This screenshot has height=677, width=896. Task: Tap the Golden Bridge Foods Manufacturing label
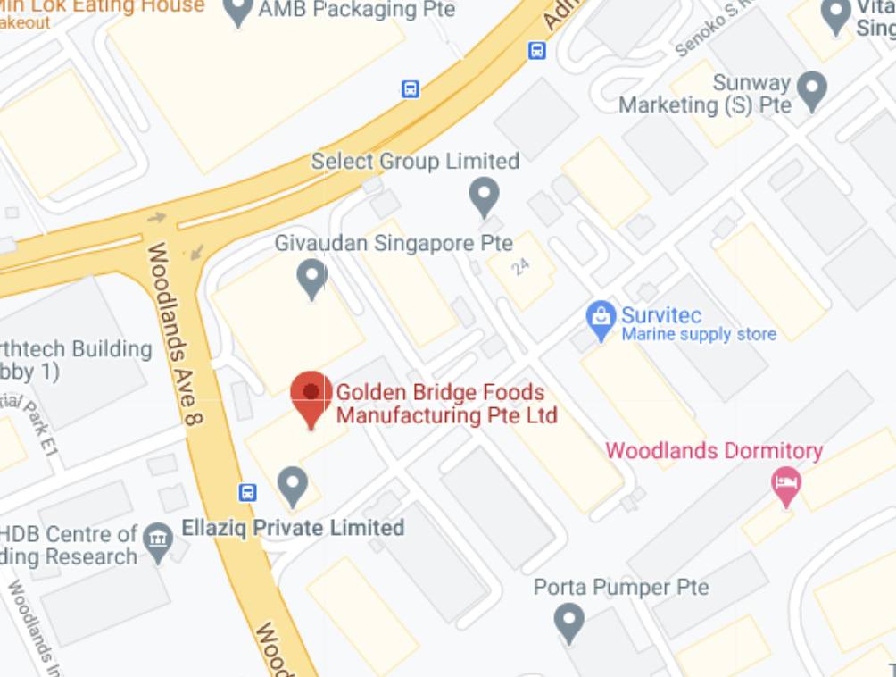point(445,404)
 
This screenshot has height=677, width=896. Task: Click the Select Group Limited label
point(415,162)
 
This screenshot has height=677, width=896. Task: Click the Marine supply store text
point(699,335)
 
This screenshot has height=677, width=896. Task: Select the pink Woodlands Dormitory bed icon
point(786,483)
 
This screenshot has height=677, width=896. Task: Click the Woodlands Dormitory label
point(714,450)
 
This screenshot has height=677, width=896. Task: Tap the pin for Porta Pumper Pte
point(568,619)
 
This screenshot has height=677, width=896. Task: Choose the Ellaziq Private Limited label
point(293,528)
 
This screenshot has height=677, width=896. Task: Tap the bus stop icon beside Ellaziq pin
point(248,492)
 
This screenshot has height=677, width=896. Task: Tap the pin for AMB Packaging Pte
point(237,11)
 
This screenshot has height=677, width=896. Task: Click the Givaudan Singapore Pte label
point(394,243)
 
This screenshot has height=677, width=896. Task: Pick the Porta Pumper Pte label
point(621,588)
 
